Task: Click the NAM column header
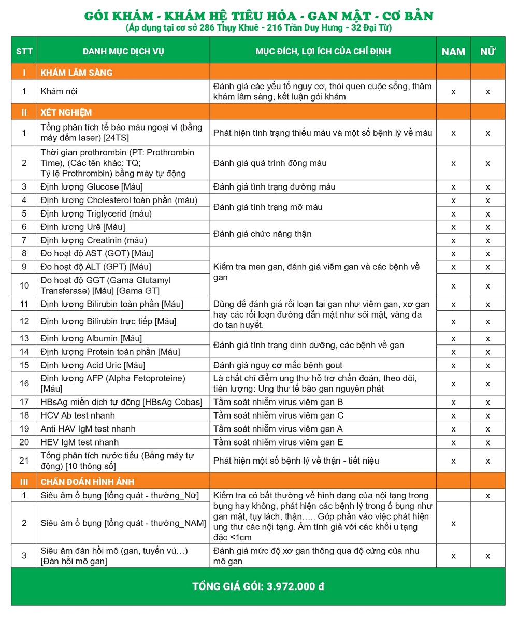click(x=453, y=52)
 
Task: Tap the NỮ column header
click(x=487, y=52)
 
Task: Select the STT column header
click(x=24, y=51)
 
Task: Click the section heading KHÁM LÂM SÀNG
click(x=76, y=73)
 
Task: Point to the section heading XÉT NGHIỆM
click(x=66, y=112)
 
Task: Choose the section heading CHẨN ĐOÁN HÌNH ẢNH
click(x=88, y=482)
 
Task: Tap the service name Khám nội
click(x=60, y=92)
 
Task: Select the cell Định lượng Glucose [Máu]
click(x=92, y=187)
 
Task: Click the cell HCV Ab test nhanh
click(x=78, y=415)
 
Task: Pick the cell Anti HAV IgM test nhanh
click(x=88, y=429)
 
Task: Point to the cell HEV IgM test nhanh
click(x=80, y=442)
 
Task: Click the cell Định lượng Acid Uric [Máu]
click(x=93, y=365)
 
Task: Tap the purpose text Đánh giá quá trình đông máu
click(x=270, y=163)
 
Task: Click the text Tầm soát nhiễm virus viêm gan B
click(x=278, y=402)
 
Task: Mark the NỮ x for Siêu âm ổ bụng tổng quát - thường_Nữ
click(x=487, y=496)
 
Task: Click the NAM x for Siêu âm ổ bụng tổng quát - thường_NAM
click(x=453, y=523)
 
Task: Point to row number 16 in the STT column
click(x=24, y=384)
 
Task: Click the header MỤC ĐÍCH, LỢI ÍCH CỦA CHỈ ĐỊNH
click(x=323, y=51)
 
